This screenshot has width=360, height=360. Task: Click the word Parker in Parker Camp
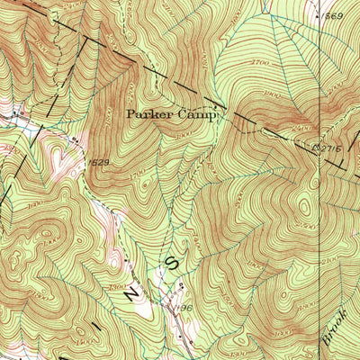coord(146,115)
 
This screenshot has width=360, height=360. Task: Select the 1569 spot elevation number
coord(334,16)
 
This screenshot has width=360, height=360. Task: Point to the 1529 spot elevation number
coord(99,162)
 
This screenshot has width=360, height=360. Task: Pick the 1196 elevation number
coord(185,308)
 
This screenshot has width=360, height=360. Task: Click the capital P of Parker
coord(130,115)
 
